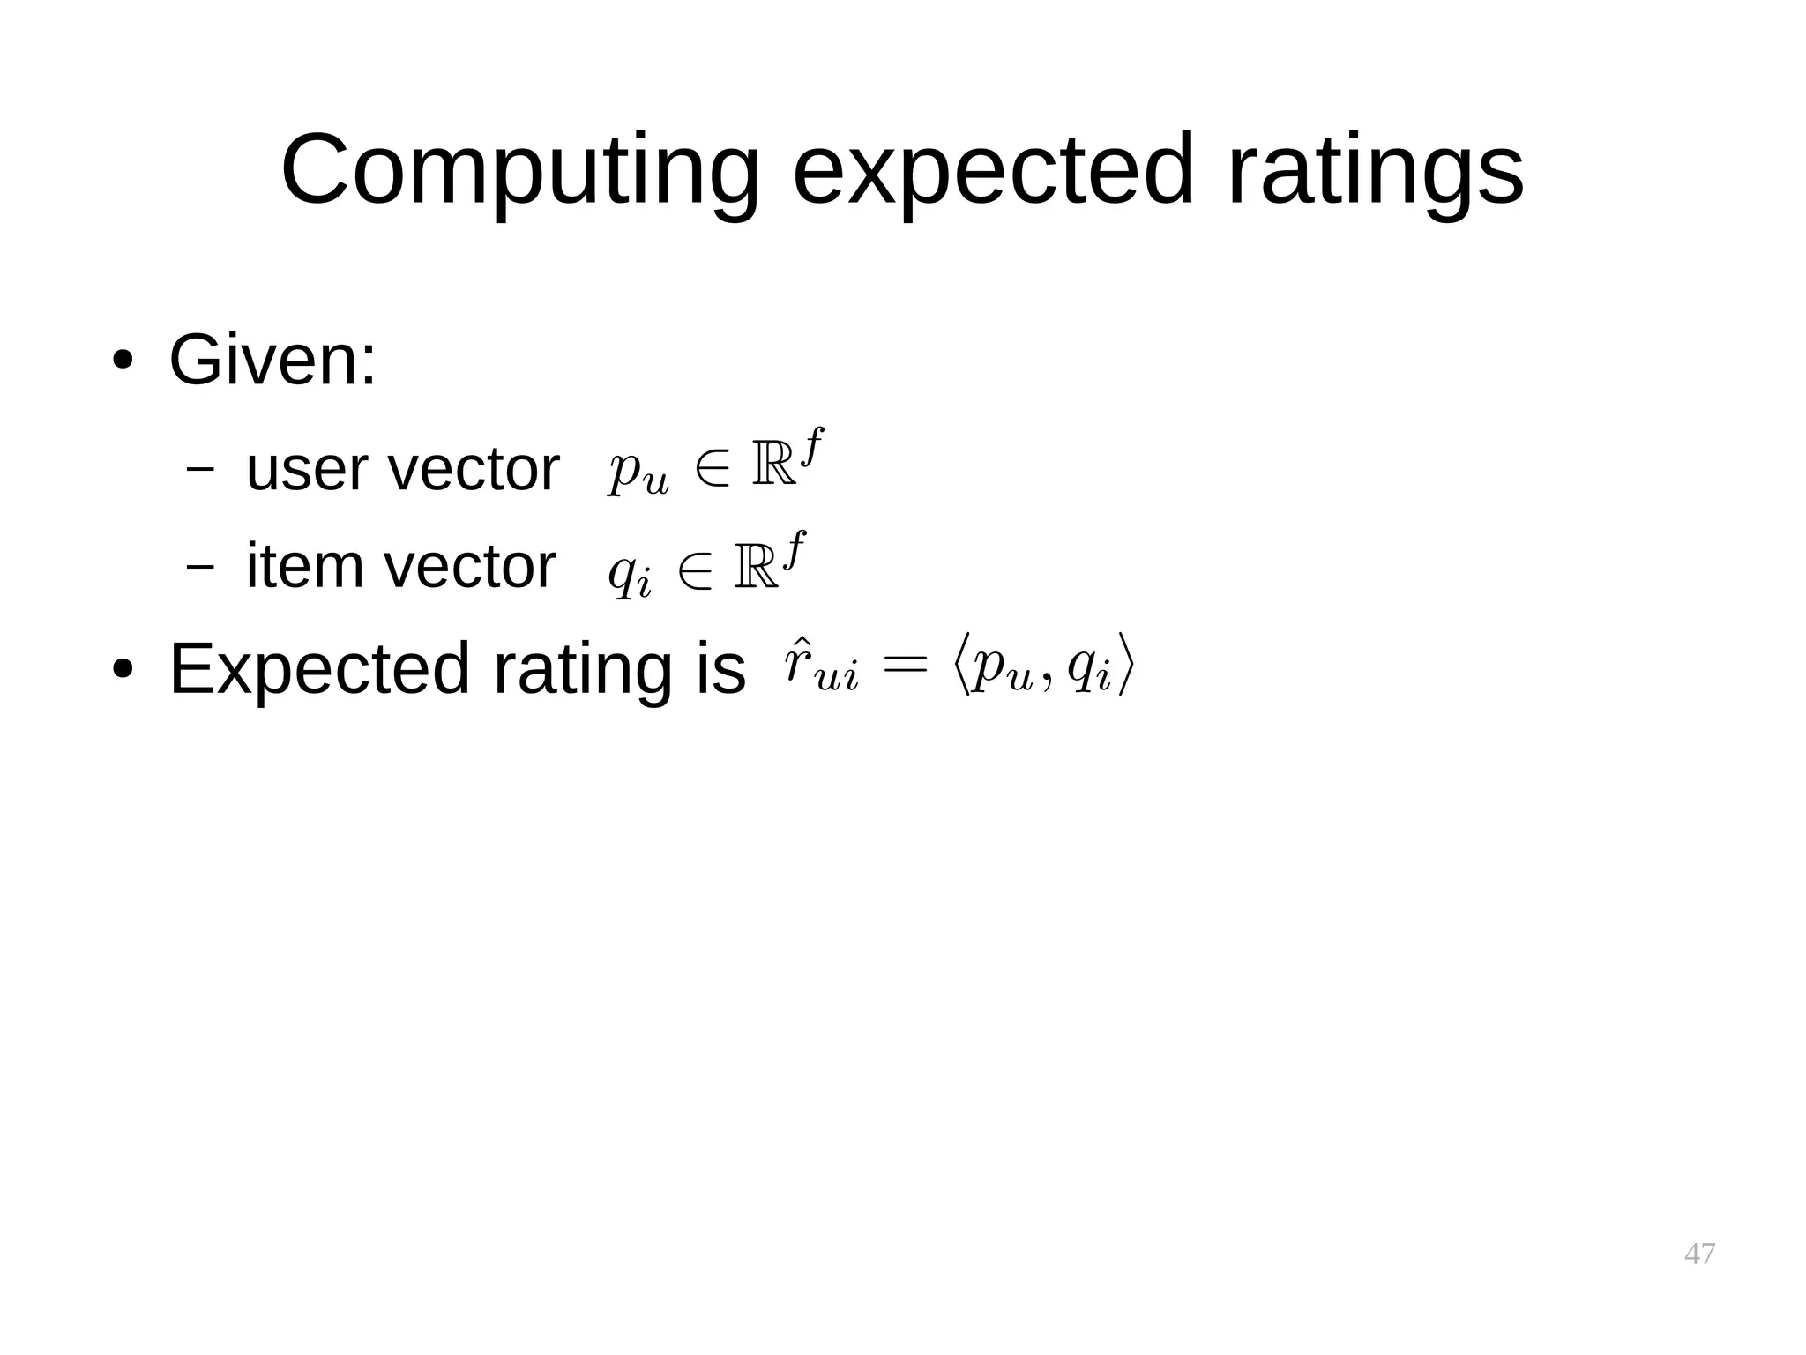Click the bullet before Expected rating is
(122, 670)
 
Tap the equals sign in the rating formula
(907, 665)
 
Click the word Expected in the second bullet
(319, 668)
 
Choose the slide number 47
(1699, 1253)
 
